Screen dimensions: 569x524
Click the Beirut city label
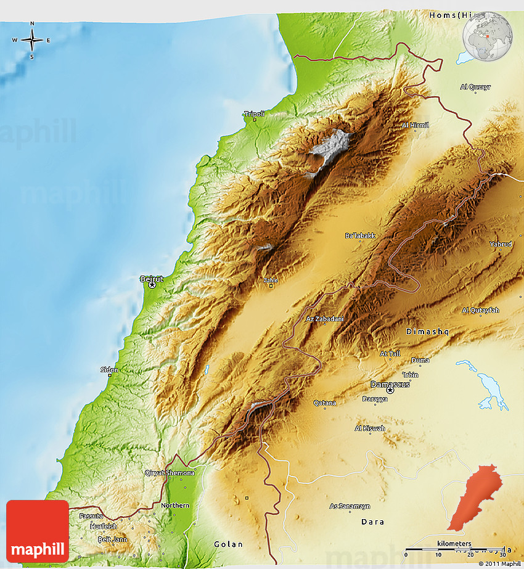152,279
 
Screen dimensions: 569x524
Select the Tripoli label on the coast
255,114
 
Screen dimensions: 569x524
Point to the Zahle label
271,280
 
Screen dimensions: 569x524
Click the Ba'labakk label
360,235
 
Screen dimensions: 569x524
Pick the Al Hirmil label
415,125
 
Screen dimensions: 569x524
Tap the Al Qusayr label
475,87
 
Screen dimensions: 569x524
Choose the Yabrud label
501,244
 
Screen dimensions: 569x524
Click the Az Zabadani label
325,319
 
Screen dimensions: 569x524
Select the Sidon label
109,370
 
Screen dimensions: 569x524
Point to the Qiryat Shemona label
170,473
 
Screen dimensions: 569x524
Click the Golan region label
228,544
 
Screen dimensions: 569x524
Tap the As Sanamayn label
350,506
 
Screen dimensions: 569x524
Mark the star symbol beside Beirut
152,285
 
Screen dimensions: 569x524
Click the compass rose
32,41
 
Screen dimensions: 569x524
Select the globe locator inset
488,35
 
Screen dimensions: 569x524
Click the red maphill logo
38,531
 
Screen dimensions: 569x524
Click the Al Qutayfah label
480,310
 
